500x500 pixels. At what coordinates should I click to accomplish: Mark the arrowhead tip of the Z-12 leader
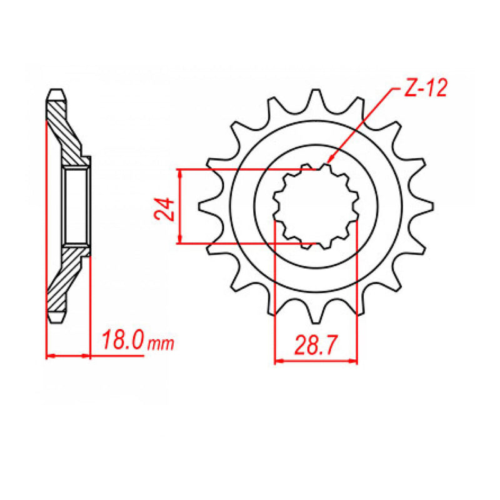coord(327,164)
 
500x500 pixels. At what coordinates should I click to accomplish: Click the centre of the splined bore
coord(316,206)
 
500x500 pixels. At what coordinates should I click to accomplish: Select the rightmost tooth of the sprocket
coord(427,206)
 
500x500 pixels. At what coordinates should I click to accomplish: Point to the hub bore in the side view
coord(76,205)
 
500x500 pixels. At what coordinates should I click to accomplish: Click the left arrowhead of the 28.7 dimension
coord(277,361)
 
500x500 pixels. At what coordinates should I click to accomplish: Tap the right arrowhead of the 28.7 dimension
coord(355,361)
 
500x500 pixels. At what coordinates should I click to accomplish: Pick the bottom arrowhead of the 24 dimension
coord(180,241)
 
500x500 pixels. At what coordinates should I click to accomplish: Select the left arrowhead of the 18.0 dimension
coord(49,357)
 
